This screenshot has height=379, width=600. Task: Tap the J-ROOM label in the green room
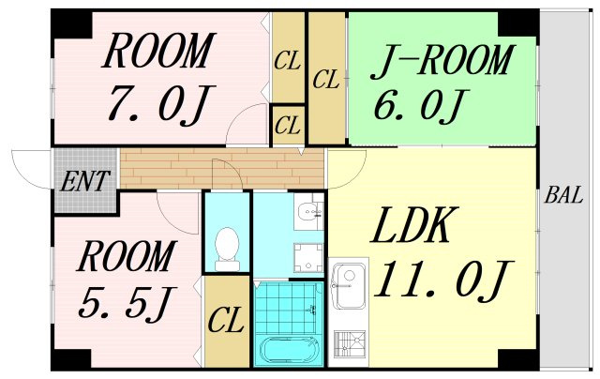441,61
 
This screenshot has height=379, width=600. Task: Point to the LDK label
411,225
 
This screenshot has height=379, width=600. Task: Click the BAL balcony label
563,195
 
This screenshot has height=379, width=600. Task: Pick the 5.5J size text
127,302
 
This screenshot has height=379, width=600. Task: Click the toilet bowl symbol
227,250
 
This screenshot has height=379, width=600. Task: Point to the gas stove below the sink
349,344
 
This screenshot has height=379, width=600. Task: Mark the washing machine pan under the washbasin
308,258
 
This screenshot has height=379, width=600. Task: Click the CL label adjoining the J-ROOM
326,80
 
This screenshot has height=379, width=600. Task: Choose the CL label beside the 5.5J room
226,320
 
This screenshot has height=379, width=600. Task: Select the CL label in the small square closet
288,125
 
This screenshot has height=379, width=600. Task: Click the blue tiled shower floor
287,309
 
